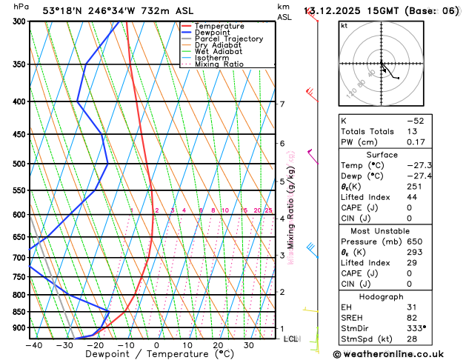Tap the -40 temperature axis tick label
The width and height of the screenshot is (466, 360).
(x=33, y=344)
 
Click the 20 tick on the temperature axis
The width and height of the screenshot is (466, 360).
(x=218, y=344)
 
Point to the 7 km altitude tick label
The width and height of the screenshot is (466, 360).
(x=282, y=104)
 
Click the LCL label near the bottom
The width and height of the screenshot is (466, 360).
(x=290, y=339)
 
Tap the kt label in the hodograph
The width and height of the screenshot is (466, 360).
(x=344, y=25)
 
